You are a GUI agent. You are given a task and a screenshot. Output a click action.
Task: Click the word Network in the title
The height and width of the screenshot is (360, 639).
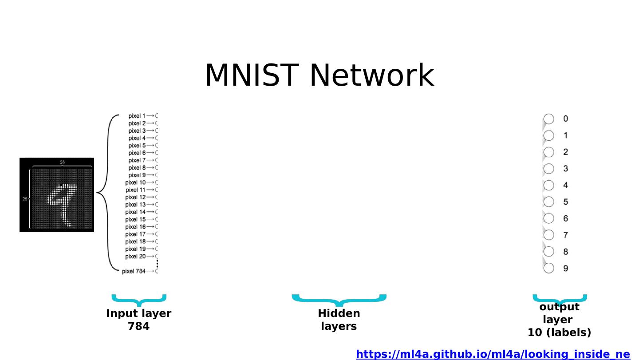tap(371, 75)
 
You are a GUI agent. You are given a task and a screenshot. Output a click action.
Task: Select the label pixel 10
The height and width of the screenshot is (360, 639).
tap(135, 182)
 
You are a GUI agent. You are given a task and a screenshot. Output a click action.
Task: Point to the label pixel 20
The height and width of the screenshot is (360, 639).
tap(135, 257)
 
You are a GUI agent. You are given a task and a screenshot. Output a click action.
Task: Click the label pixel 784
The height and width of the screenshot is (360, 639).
tap(134, 271)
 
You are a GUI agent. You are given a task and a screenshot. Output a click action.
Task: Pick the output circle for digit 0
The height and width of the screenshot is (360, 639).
tap(549, 119)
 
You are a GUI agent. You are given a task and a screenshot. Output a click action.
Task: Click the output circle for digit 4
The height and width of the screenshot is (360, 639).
tap(549, 185)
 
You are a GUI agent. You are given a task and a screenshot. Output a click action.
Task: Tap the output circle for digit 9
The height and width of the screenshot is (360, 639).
tap(549, 268)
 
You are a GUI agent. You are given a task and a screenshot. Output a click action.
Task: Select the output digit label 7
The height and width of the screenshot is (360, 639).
tap(566, 235)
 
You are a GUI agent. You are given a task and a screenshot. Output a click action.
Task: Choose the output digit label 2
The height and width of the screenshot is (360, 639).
tap(566, 152)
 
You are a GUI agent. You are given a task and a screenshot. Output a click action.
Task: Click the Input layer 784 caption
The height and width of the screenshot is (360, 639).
tap(138, 320)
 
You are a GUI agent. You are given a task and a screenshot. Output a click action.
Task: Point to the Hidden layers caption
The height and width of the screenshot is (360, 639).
tap(339, 320)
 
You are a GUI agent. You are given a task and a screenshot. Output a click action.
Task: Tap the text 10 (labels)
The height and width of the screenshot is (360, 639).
tap(559, 332)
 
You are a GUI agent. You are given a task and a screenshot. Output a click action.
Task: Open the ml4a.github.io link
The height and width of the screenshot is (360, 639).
tap(493, 354)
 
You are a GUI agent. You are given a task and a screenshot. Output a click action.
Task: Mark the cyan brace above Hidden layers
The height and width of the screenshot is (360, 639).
tap(339, 300)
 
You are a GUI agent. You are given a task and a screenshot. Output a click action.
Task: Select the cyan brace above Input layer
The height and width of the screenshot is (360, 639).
tap(138, 300)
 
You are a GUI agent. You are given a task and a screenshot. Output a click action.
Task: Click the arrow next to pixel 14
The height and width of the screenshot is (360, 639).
tap(150, 212)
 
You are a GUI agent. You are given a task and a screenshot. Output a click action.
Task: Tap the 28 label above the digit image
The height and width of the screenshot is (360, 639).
tap(62, 162)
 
